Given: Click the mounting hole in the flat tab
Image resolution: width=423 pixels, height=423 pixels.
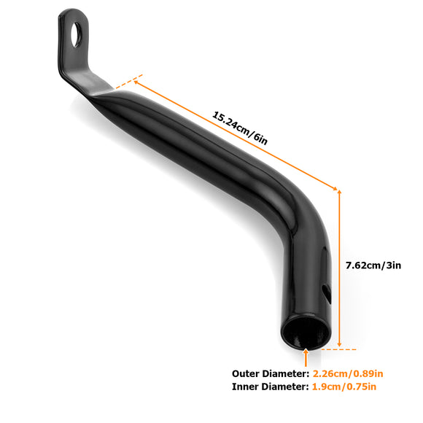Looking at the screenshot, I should coord(76,34).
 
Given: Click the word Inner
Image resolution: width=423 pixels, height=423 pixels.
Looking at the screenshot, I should coord(247,387).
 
